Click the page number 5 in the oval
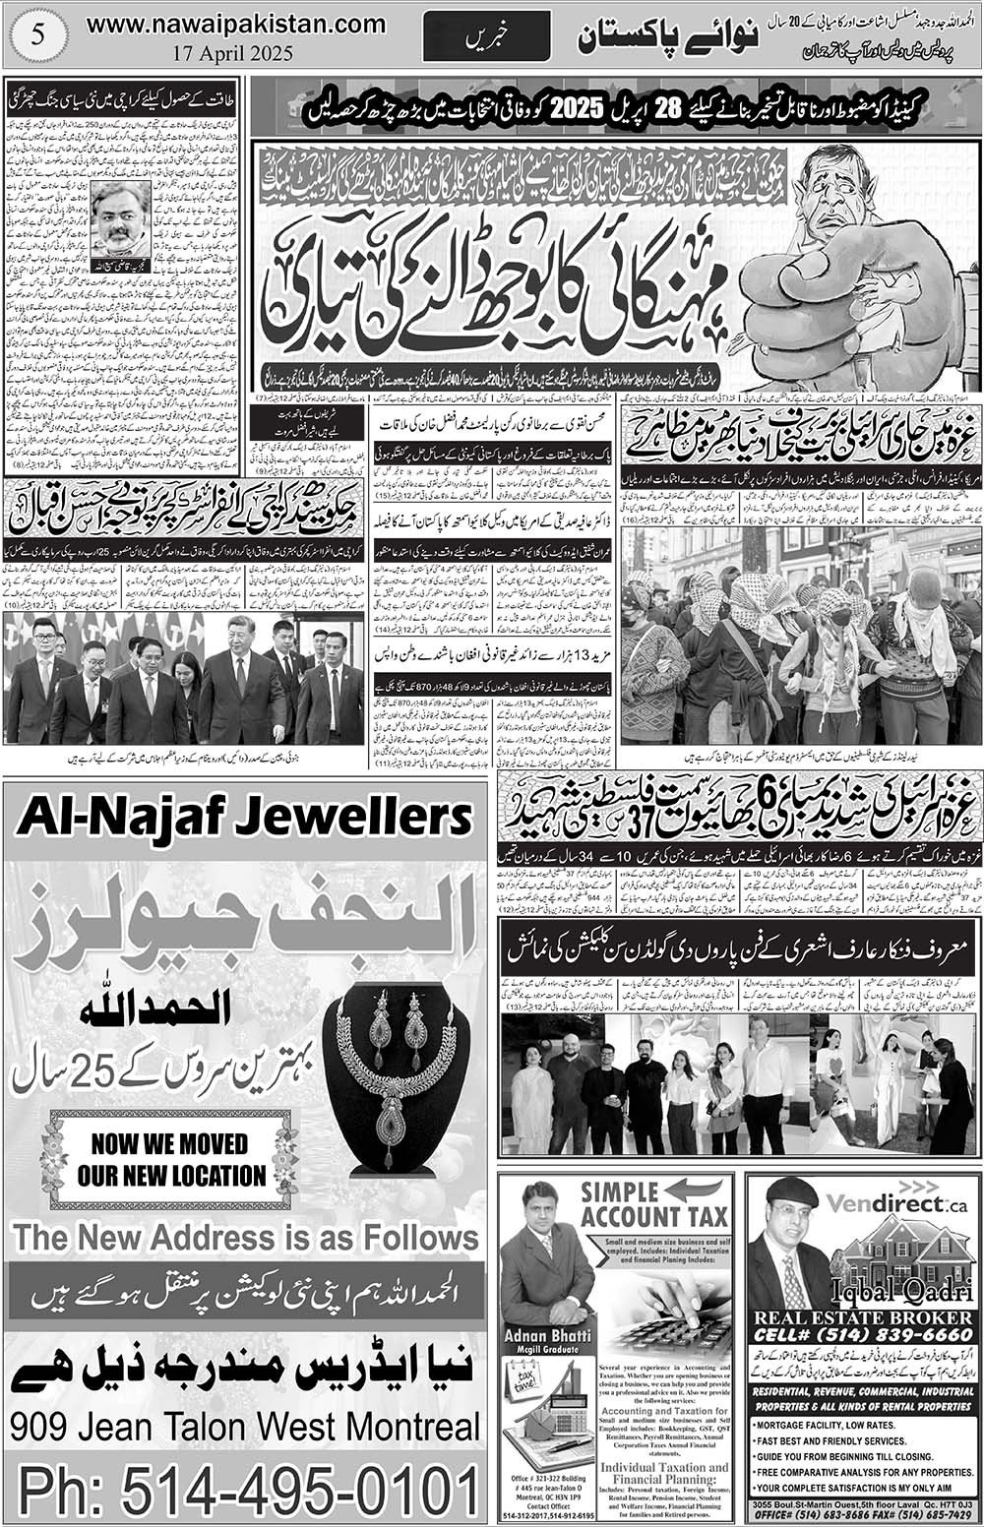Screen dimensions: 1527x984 [38, 33]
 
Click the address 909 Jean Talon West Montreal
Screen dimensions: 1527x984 [245, 1426]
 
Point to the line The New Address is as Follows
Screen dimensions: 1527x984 [245, 1237]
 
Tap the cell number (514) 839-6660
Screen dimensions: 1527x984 [863, 1335]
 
